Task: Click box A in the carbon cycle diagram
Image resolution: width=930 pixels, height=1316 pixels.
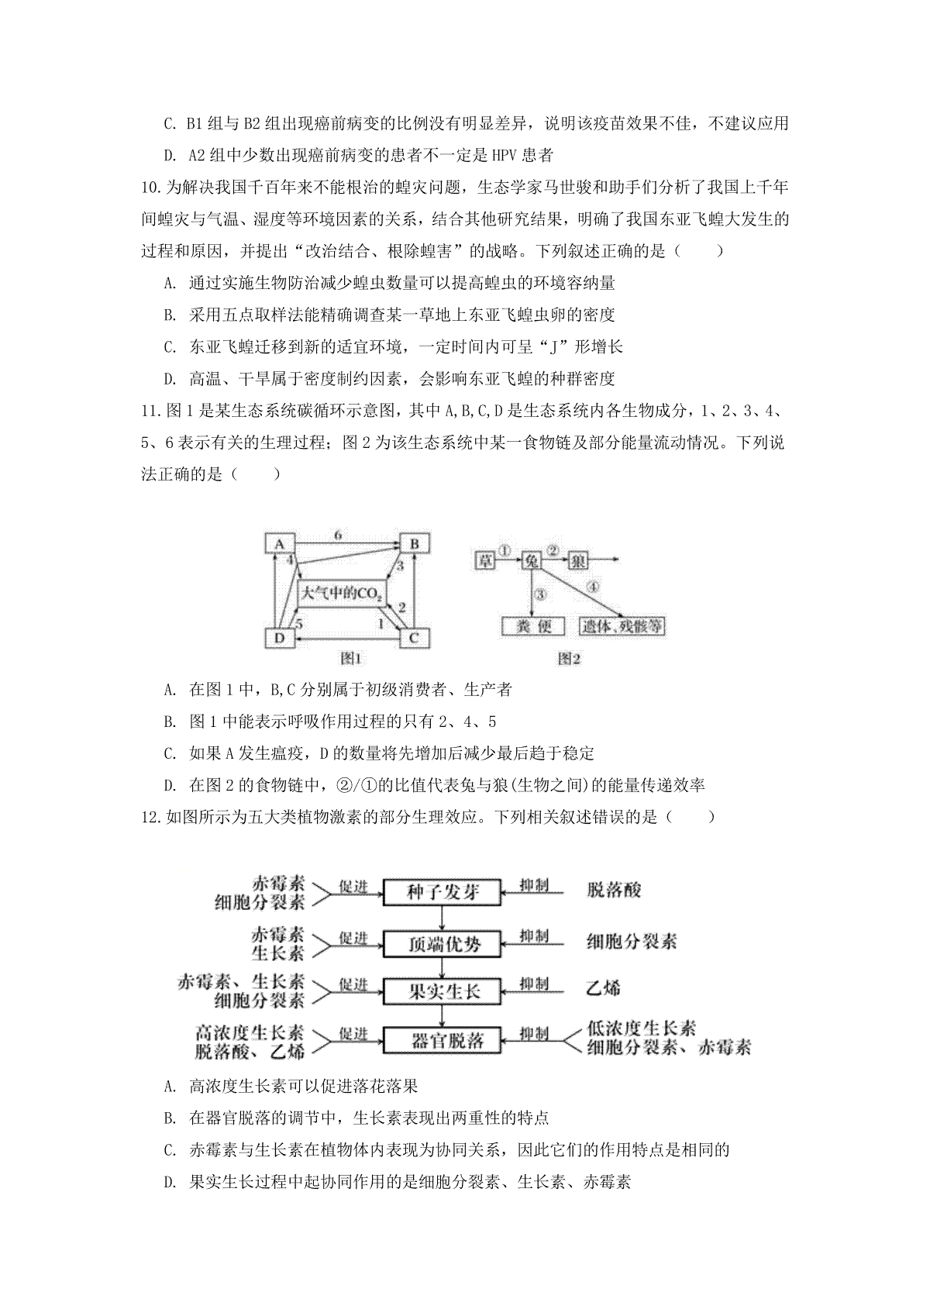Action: coord(278,544)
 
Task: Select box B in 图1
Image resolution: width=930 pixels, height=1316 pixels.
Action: coord(414,544)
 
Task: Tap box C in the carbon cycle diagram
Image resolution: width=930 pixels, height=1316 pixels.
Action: coord(414,638)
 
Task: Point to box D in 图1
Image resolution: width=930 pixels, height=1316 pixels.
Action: coord(278,638)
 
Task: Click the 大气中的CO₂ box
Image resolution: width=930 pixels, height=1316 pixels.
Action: coord(342,594)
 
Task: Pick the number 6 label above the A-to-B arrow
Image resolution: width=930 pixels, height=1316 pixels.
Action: coord(338,535)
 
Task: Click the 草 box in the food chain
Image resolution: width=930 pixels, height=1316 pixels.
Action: coord(485,560)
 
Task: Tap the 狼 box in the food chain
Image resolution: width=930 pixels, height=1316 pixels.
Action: coord(578,560)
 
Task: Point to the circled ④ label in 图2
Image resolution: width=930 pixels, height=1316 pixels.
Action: coord(594,587)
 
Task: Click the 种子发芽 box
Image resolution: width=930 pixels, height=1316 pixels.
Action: coord(443,892)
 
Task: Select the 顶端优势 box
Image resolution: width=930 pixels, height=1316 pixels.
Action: coord(443,943)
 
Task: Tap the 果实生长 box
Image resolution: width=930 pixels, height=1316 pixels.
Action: coord(443,991)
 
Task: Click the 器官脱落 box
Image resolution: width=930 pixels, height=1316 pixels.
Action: coord(443,1040)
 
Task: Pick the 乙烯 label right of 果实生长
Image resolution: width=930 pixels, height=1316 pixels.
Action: coord(604,987)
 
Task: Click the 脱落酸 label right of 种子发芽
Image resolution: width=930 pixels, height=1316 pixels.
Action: coord(615,890)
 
